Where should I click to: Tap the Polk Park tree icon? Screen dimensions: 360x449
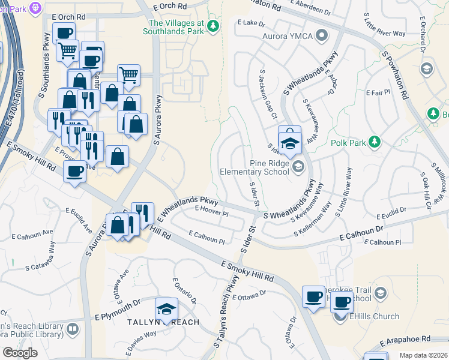tap(375, 142)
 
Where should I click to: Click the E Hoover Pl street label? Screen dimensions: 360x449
tap(212, 213)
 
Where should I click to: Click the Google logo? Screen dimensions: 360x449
tap(20, 353)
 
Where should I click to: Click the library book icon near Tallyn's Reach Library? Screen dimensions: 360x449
tap(72, 329)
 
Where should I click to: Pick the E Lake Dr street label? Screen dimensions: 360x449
tap(251, 23)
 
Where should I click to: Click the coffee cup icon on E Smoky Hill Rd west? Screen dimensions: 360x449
tap(74, 172)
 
